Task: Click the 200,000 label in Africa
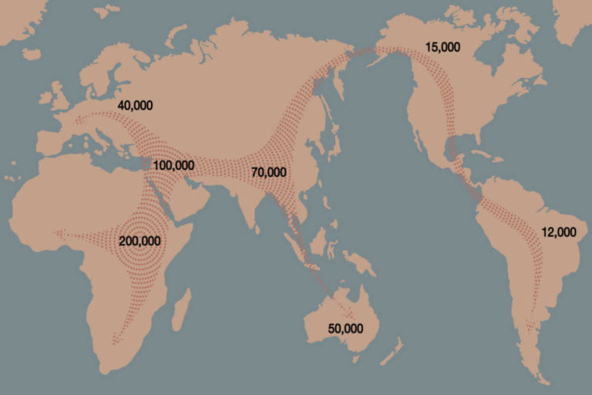[140, 241]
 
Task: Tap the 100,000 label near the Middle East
[173, 165]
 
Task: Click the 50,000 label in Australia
[345, 328]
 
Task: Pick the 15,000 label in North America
[442, 47]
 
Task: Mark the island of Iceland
[32, 54]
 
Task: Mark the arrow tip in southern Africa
[116, 339]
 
